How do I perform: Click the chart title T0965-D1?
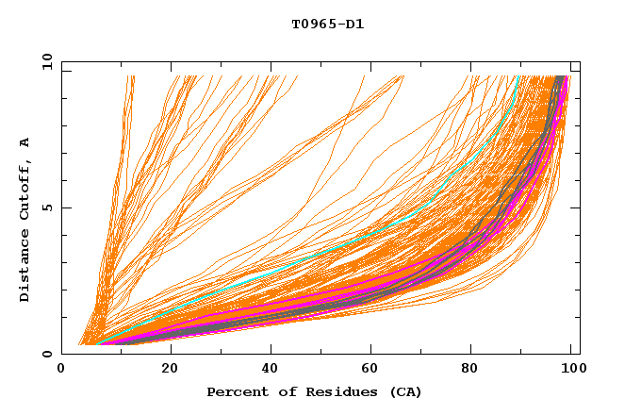coord(327,25)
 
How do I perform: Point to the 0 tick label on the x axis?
coord(61,369)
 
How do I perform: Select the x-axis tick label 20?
coord(170,369)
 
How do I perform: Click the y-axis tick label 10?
coord(46,62)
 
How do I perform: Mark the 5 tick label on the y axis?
coord(46,207)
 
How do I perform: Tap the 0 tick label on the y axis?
coord(46,354)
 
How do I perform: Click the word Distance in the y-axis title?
coord(25,264)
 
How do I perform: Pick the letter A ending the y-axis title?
coord(25,142)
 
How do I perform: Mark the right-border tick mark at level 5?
coord(576,207)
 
